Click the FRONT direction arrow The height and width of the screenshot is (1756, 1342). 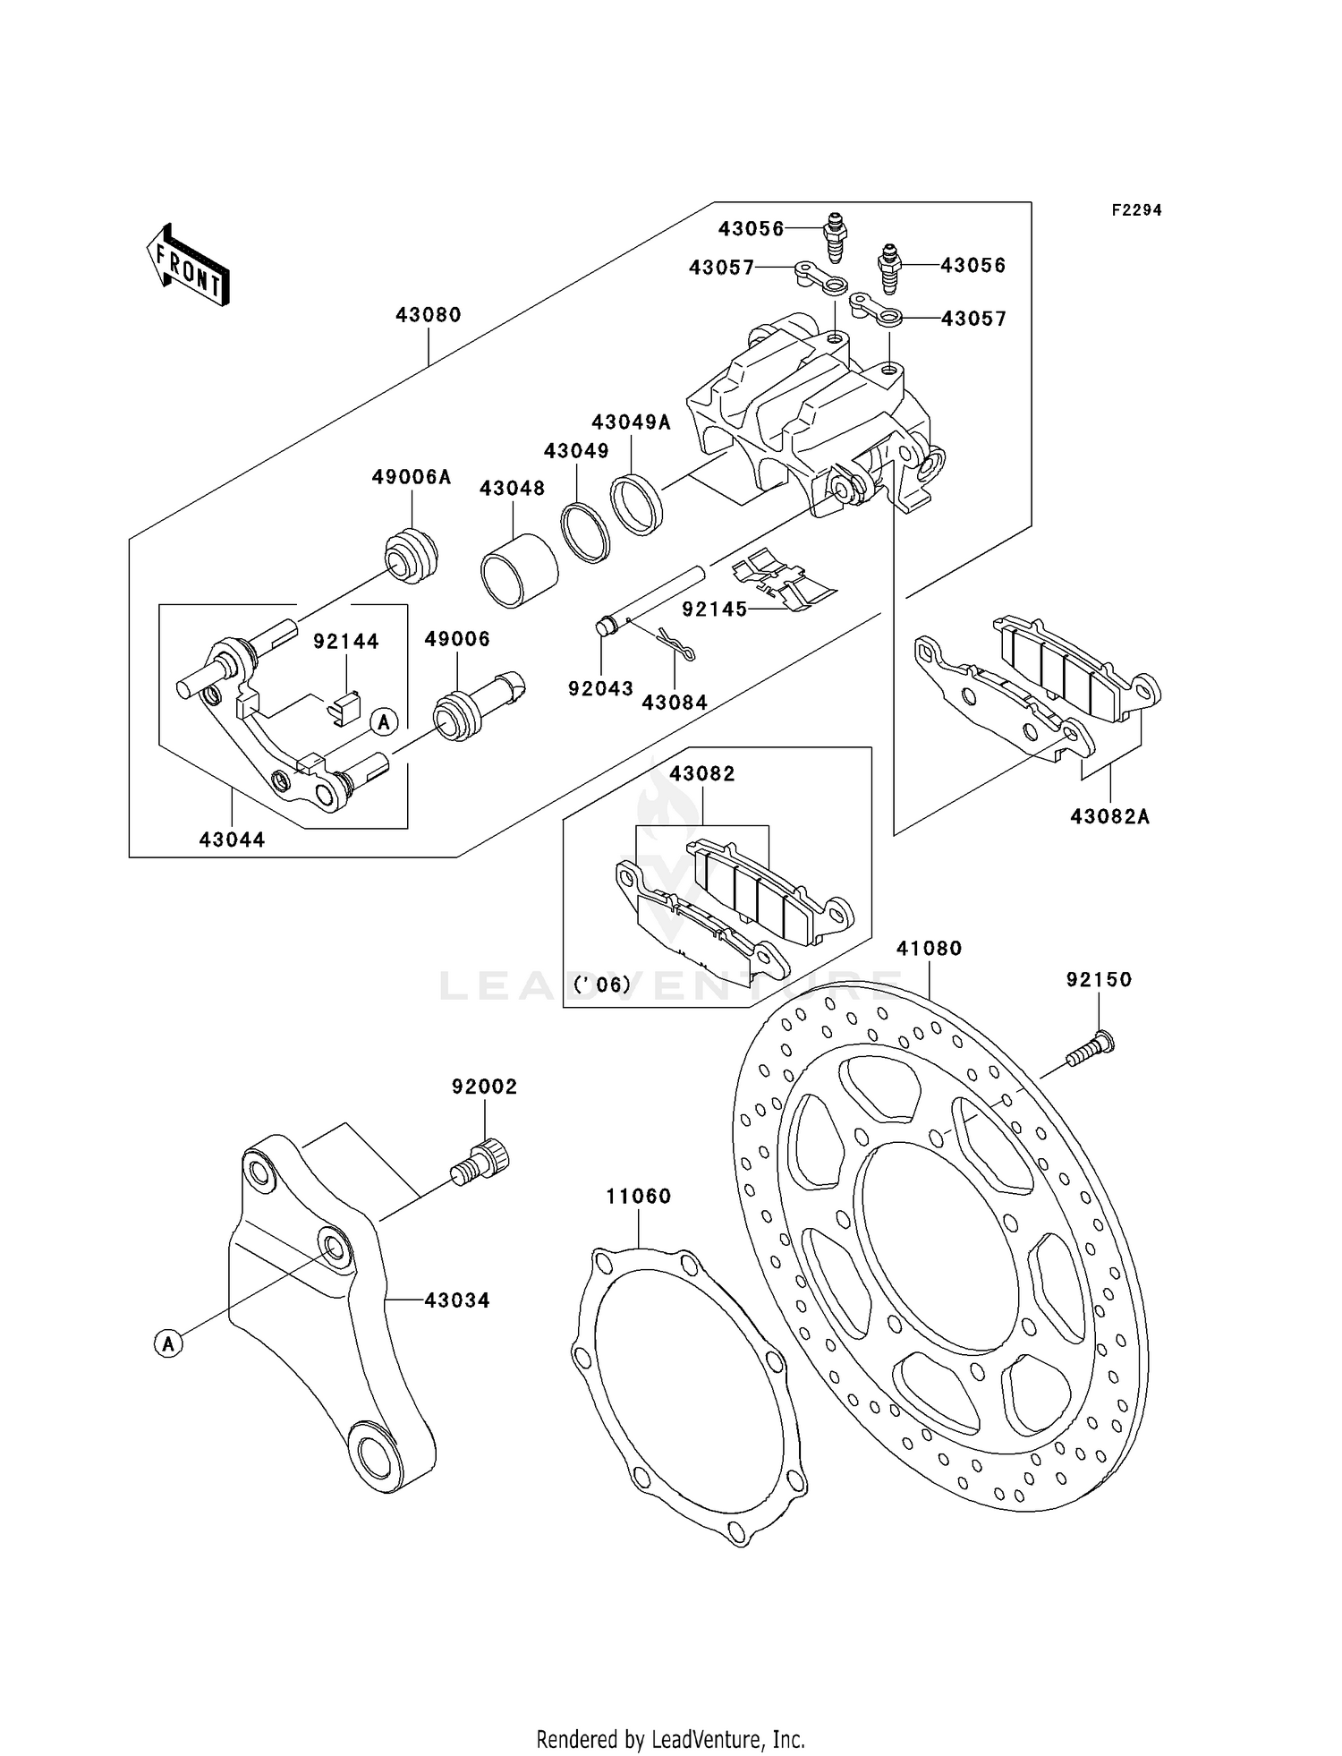[188, 266]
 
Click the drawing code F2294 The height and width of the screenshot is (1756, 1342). [1136, 210]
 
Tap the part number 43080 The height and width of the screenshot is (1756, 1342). [429, 315]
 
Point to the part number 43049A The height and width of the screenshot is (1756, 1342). [631, 422]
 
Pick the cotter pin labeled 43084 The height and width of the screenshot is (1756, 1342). [675, 644]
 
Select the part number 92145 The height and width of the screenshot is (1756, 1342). [714, 609]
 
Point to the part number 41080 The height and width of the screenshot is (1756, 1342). [929, 948]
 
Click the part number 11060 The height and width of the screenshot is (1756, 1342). [638, 1196]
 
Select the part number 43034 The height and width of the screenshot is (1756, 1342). [457, 1300]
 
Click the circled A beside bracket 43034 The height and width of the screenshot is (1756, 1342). [168, 1343]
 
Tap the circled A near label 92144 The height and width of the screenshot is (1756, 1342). [384, 721]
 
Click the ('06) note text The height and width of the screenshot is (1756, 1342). [602, 985]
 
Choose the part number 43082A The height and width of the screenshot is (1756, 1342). [1110, 816]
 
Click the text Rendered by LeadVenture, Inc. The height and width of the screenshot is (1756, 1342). [670, 1739]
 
